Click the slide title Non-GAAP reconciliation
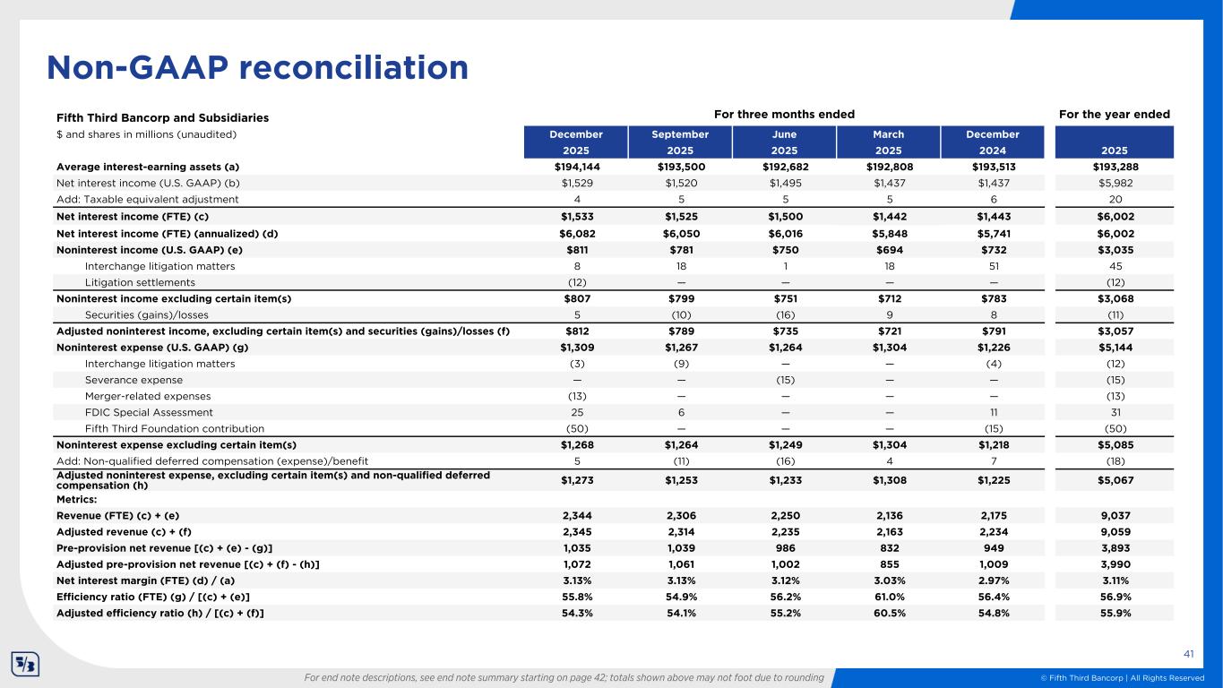point(258,67)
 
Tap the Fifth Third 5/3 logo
point(24,664)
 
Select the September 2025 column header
point(679,142)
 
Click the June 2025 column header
point(784,142)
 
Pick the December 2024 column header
point(994,142)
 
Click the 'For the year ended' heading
point(1115,115)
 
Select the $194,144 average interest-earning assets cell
point(575,167)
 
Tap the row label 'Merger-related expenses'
point(148,396)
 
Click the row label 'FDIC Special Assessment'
point(149,412)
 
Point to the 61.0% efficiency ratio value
point(889,597)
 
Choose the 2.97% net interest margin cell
point(994,580)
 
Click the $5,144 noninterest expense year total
point(1115,348)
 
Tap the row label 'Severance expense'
point(133,380)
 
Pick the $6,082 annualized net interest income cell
point(575,233)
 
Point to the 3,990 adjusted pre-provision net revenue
point(1115,563)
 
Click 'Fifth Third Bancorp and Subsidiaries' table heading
point(162,118)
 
